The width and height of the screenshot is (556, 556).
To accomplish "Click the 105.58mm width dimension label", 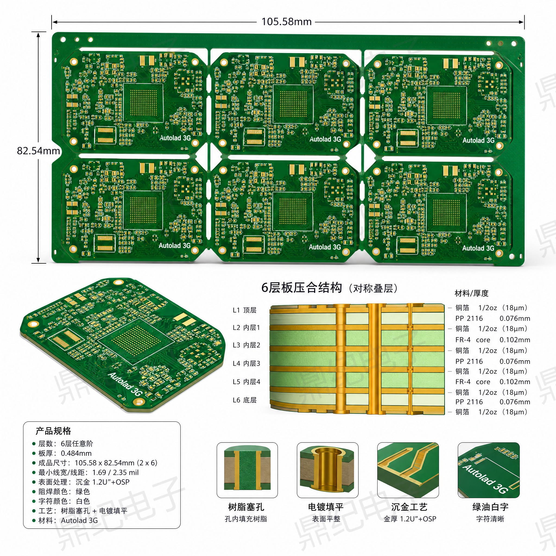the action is (x=286, y=22).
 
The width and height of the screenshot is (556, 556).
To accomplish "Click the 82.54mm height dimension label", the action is (x=38, y=150).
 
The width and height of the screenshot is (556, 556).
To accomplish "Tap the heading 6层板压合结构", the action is (x=302, y=288).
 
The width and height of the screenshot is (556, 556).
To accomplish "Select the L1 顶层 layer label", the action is (x=245, y=310).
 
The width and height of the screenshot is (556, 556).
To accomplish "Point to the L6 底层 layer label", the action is (x=245, y=400).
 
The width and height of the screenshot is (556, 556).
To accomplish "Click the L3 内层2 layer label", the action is (x=246, y=345).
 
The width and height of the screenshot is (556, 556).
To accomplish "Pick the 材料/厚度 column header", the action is (x=472, y=293).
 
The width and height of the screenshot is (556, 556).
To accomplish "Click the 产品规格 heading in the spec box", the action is (x=53, y=431).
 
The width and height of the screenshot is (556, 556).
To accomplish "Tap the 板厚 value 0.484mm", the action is (x=76, y=453).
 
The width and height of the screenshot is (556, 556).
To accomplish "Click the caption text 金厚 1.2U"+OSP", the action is (x=410, y=519).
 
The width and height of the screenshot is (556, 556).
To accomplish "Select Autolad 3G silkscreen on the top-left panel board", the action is (x=175, y=138).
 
